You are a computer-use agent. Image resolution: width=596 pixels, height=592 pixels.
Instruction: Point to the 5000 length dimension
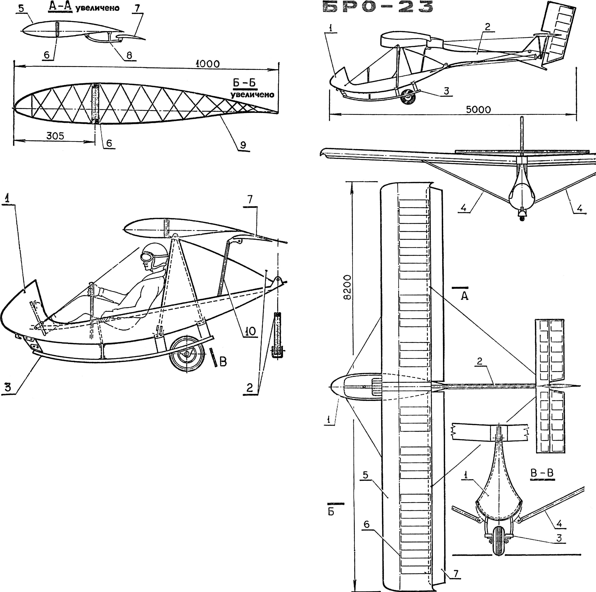[x=478, y=109]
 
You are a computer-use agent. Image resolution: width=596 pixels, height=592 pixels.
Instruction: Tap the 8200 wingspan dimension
[x=347, y=287]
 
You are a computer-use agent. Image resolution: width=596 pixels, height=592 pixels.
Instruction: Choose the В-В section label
[x=542, y=473]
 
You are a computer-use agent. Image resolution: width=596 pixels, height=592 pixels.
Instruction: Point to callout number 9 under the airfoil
[x=243, y=145]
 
